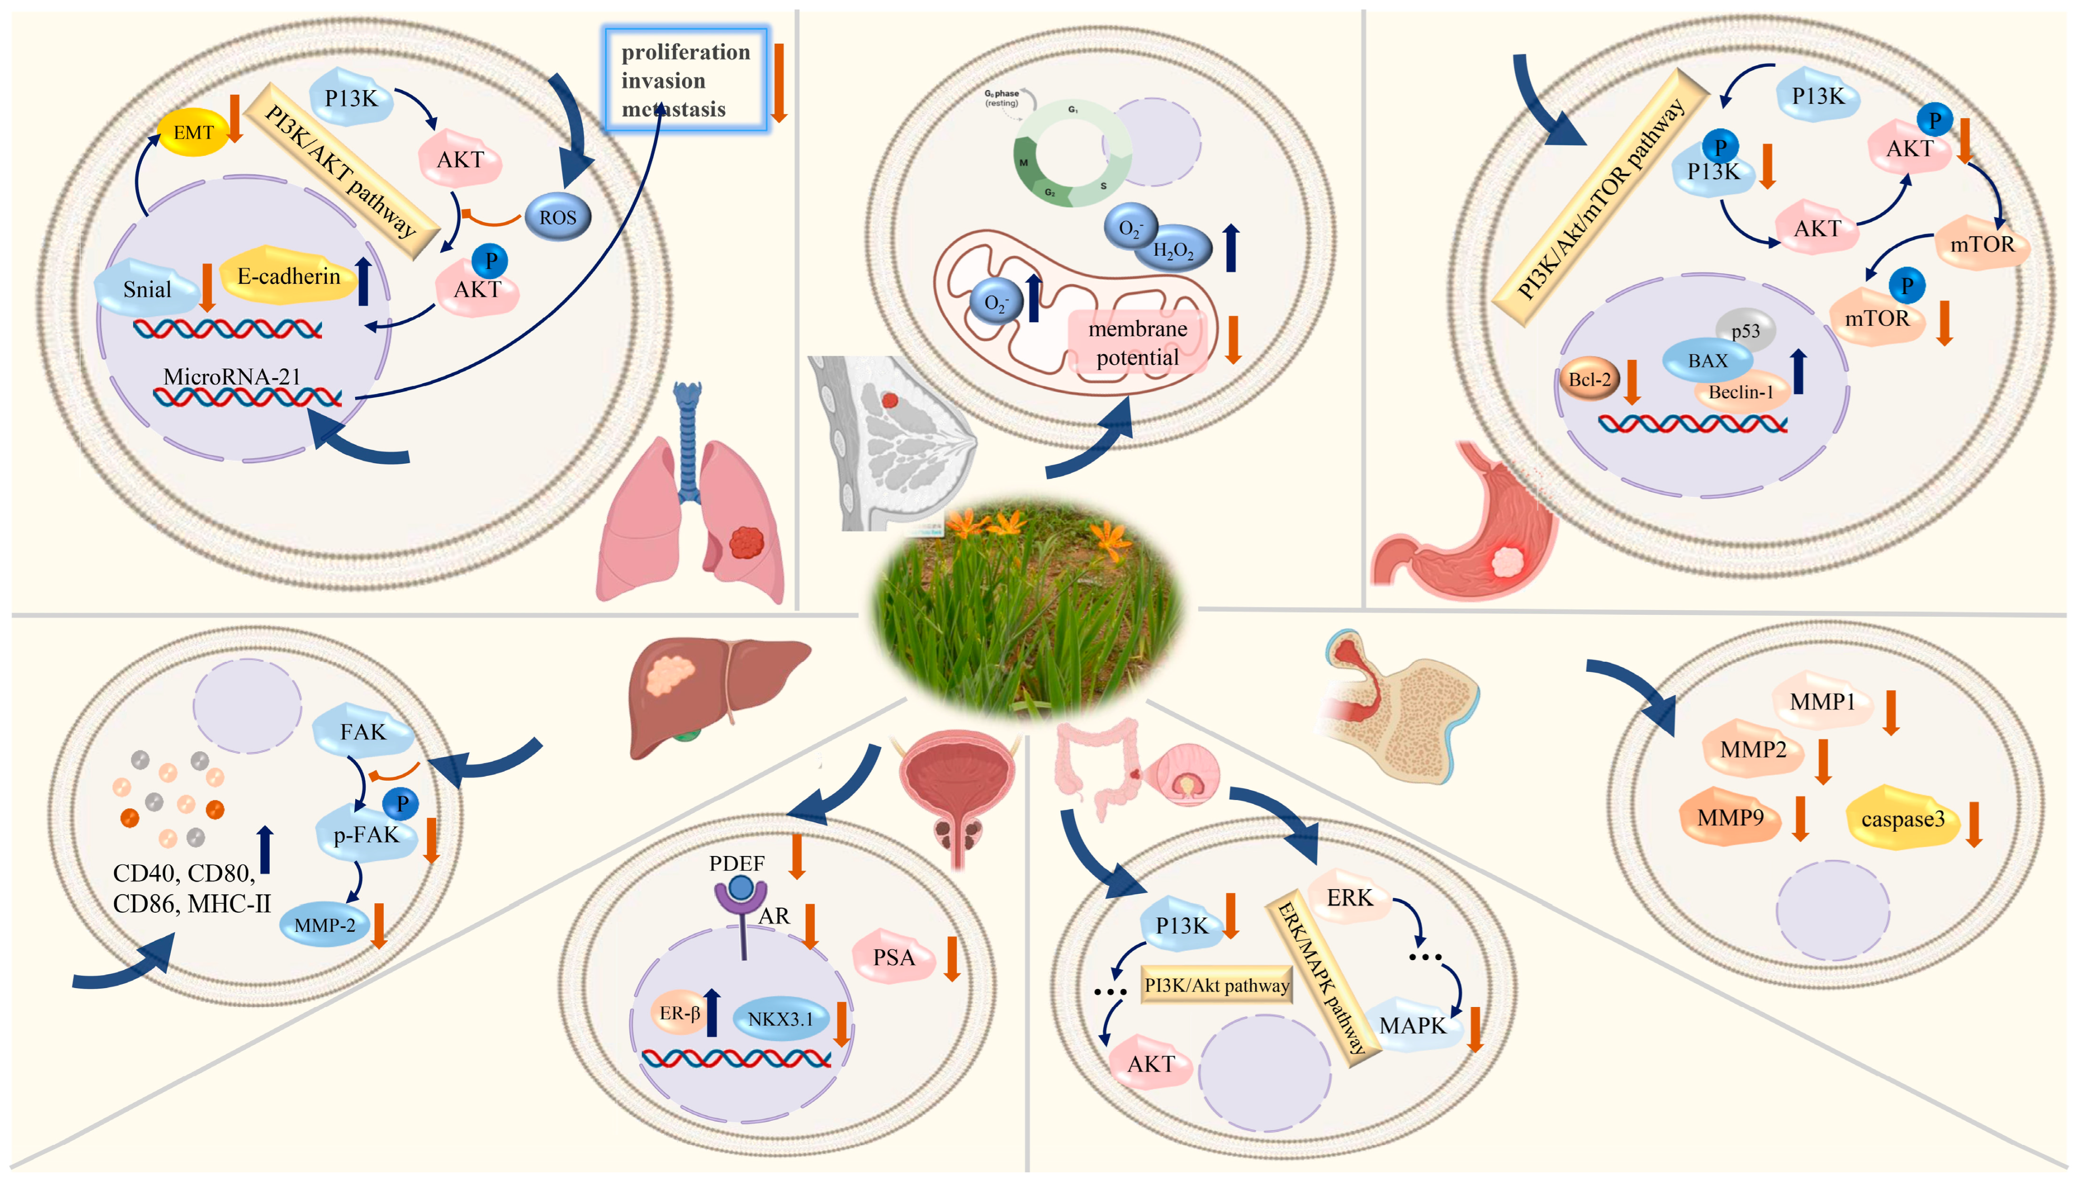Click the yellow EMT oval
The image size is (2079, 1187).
pos(193,132)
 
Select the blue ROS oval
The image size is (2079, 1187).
pos(557,217)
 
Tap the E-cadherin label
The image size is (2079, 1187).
pos(288,276)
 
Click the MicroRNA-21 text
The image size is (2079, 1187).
pos(232,377)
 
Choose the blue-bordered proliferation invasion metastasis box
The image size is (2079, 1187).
pos(686,80)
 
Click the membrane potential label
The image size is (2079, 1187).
pos(1138,343)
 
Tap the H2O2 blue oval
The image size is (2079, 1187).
pos(1173,250)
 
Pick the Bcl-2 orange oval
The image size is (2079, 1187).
pos(1589,379)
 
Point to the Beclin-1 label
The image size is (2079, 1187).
pos(1741,392)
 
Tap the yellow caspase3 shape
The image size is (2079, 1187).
pos(1902,819)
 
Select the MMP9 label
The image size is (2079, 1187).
pos(1730,817)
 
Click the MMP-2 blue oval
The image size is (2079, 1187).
pos(324,925)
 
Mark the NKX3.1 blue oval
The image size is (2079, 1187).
pos(780,1018)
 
